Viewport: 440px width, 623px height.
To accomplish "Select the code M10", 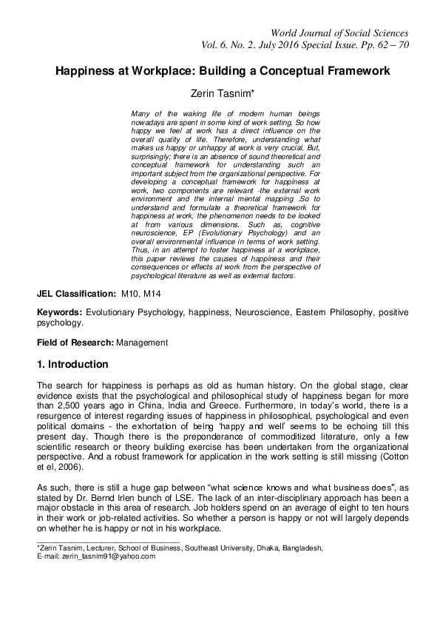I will [x=132, y=294].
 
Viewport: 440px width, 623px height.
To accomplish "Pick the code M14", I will [x=152, y=294].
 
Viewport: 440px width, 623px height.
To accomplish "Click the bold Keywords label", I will [x=61, y=313].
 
